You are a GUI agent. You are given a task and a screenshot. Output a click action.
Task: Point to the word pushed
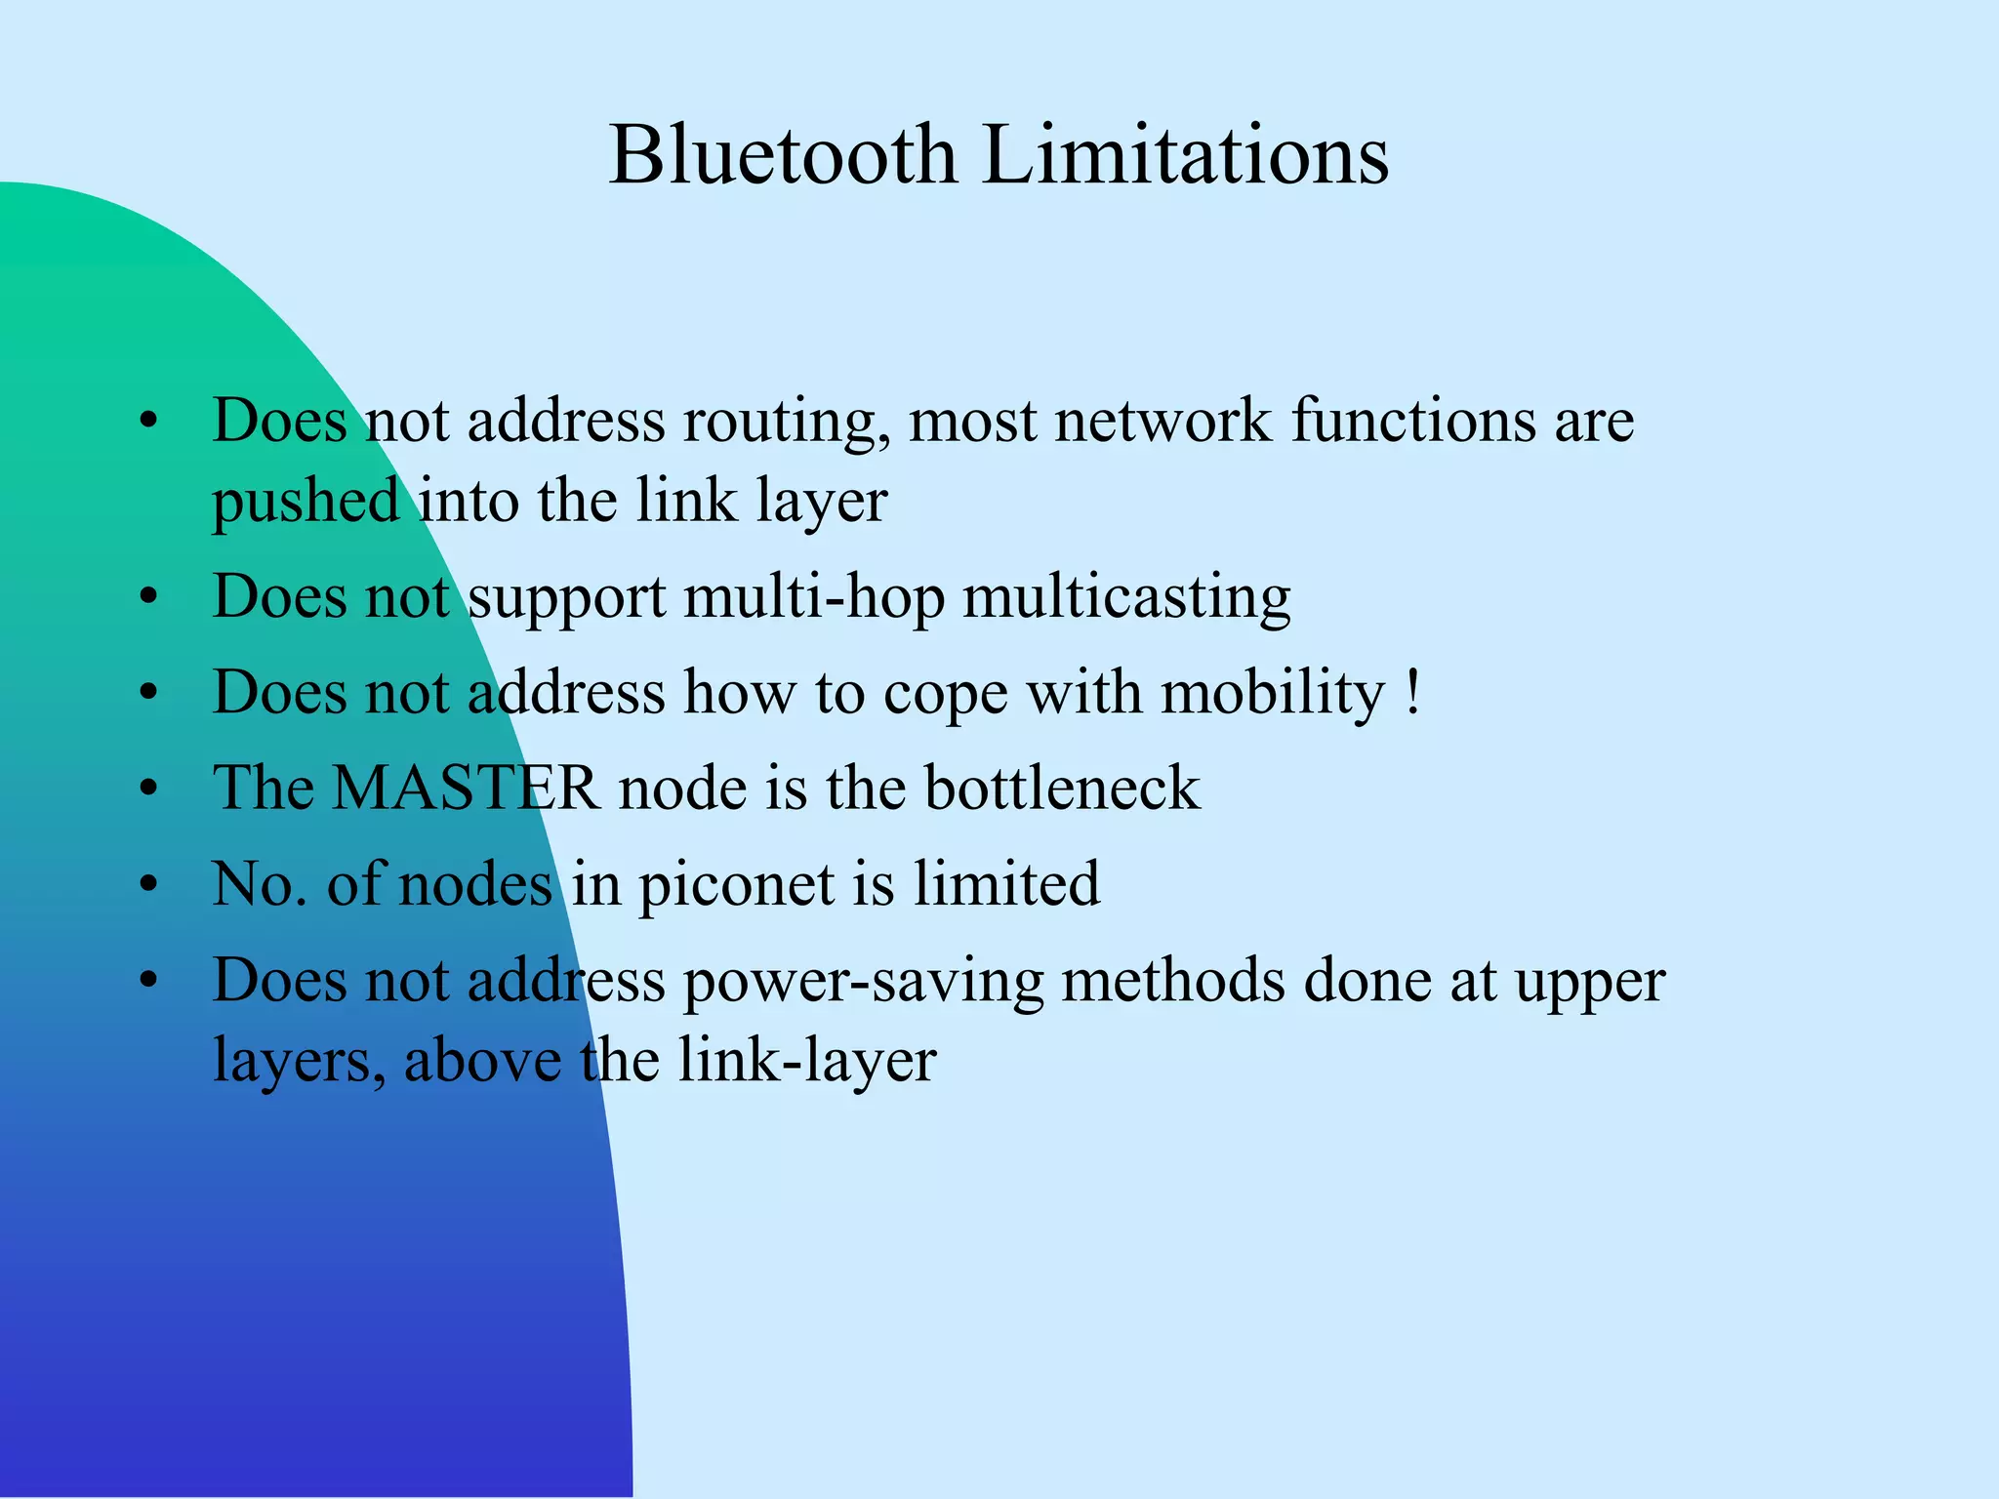[306, 503]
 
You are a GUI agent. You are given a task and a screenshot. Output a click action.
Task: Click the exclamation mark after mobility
[1414, 694]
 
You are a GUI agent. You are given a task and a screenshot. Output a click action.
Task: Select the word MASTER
[466, 788]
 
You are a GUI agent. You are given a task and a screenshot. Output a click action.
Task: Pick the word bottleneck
[1062, 788]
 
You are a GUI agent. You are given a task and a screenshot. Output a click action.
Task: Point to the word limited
[1006, 883]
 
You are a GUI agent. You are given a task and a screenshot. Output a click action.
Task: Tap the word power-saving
[863, 982]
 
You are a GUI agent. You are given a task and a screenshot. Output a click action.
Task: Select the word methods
[1173, 980]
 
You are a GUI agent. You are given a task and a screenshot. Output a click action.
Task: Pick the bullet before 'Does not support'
[148, 596]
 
